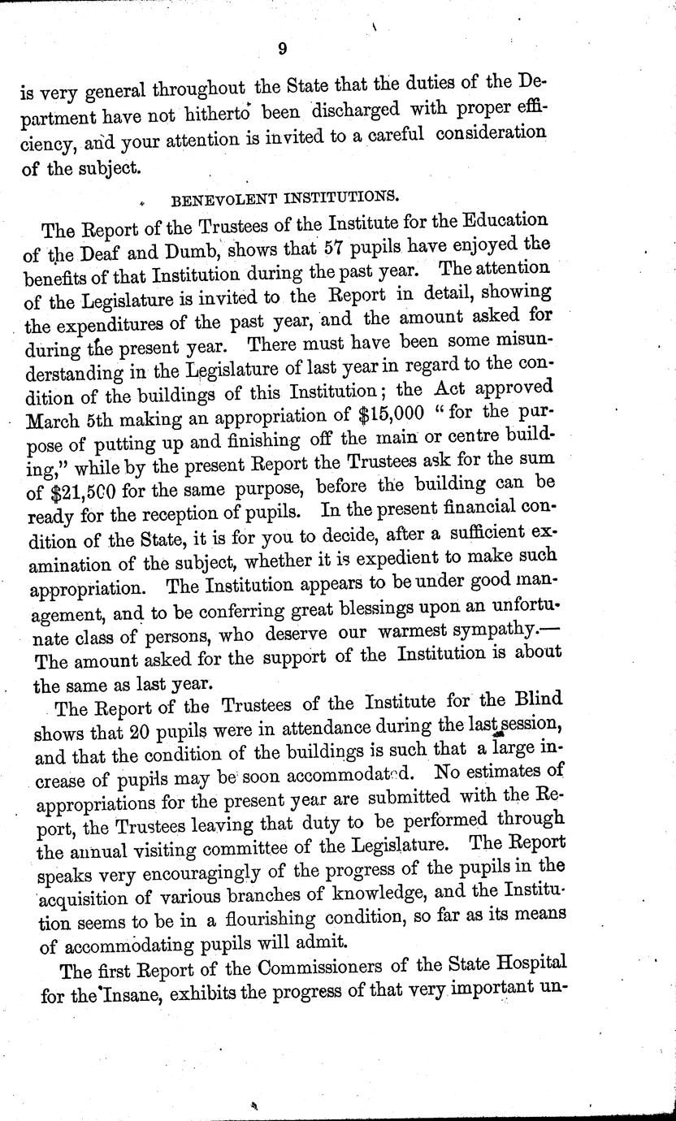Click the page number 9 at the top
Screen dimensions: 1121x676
[x=281, y=50]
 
